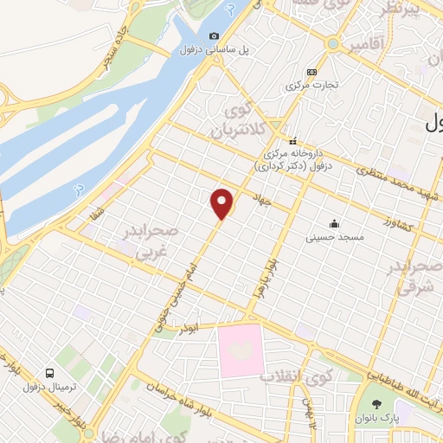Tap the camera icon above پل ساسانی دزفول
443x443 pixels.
(214, 36)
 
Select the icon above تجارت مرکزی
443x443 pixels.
(311, 72)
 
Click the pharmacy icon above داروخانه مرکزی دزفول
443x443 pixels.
(293, 141)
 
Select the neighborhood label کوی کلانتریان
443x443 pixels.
(231, 125)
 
